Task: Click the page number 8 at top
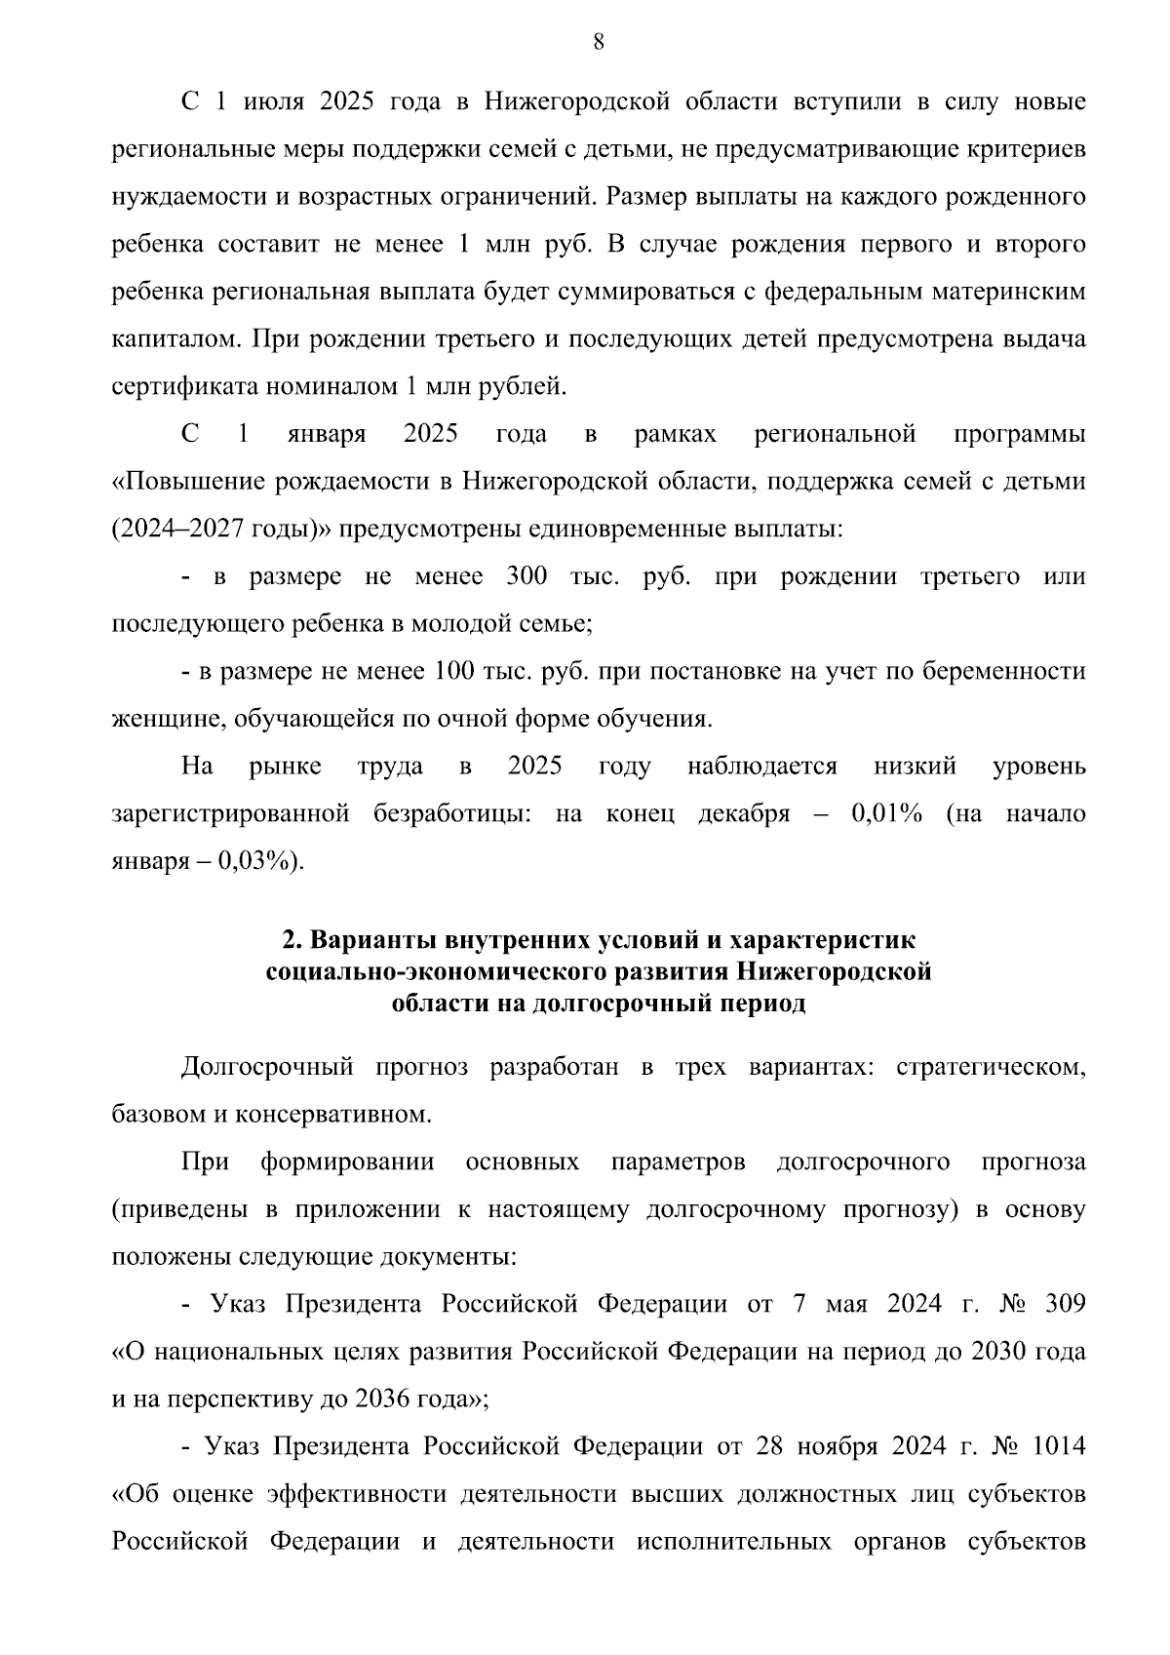click(599, 42)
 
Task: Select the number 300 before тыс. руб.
click(526, 576)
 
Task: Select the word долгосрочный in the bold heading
click(620, 1004)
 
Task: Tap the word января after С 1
click(327, 435)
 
